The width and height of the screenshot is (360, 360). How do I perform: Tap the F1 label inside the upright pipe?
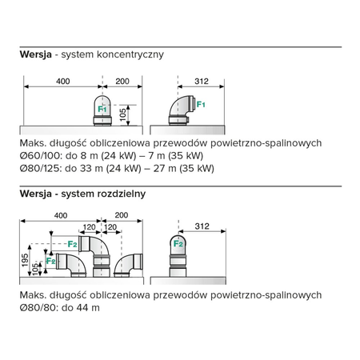[102, 107]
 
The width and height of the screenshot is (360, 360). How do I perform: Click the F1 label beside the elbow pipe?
[201, 104]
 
